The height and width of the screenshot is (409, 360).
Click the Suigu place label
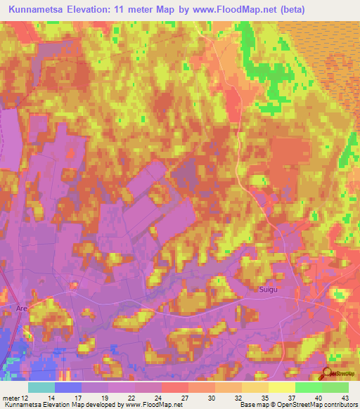pyautogui.click(x=267, y=290)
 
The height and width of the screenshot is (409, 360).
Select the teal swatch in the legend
pyautogui.click(x=41, y=387)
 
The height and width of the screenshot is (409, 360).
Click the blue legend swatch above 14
pyautogui.click(x=68, y=387)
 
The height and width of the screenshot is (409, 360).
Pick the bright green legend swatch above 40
pyautogui.click(x=308, y=387)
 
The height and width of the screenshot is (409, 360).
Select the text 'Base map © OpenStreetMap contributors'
pyautogui.click(x=298, y=405)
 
